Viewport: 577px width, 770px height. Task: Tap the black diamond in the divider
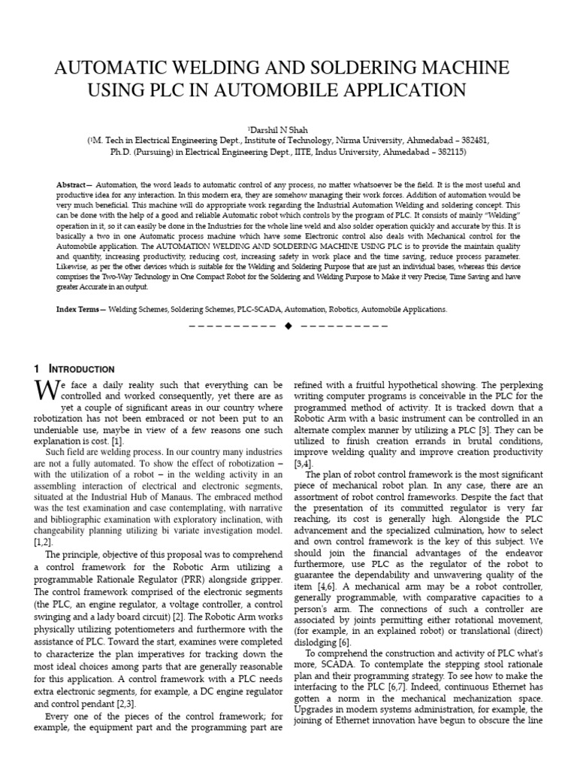pos(288,327)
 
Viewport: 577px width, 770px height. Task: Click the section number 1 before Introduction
pos(36,369)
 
